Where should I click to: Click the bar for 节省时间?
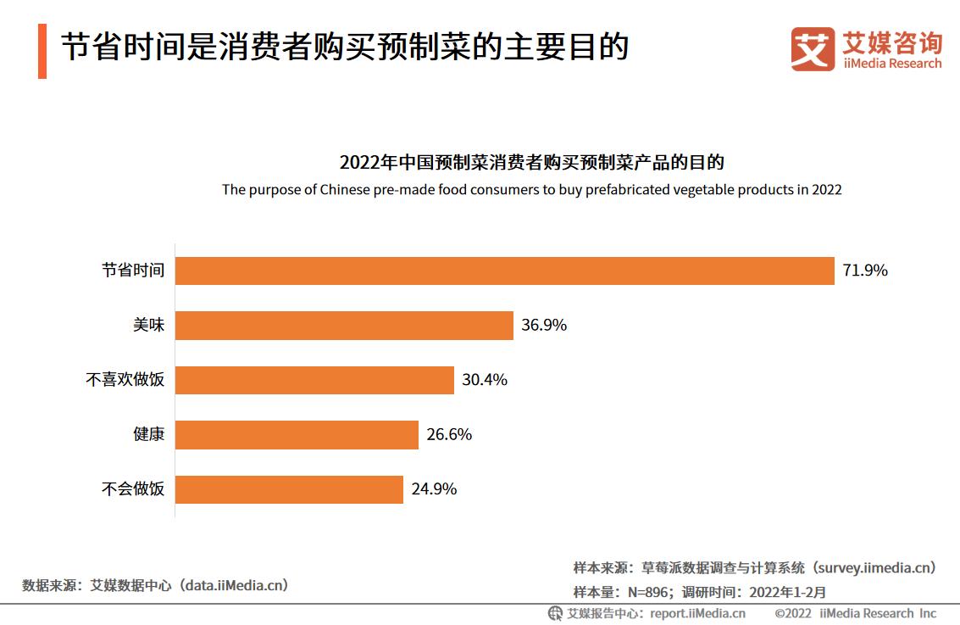tap(505, 271)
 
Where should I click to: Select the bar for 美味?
tap(344, 326)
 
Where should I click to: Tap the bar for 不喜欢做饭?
tap(314, 380)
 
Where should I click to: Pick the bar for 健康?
tap(297, 435)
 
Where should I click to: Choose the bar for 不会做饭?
tap(289, 489)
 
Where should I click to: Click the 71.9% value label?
tap(865, 271)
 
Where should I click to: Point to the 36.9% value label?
tap(544, 326)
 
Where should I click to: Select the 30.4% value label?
tap(485, 380)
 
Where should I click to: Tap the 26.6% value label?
tap(449, 435)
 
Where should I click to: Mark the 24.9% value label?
tap(434, 489)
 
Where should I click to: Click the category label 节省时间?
tap(133, 271)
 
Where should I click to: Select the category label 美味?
tap(149, 325)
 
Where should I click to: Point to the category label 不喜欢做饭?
tap(125, 380)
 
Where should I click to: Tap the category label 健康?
tap(149, 435)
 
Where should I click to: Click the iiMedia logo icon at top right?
tap(813, 49)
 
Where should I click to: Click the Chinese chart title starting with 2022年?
tap(531, 162)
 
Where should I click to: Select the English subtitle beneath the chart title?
tap(531, 189)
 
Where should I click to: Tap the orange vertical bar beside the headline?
tap(42, 51)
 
